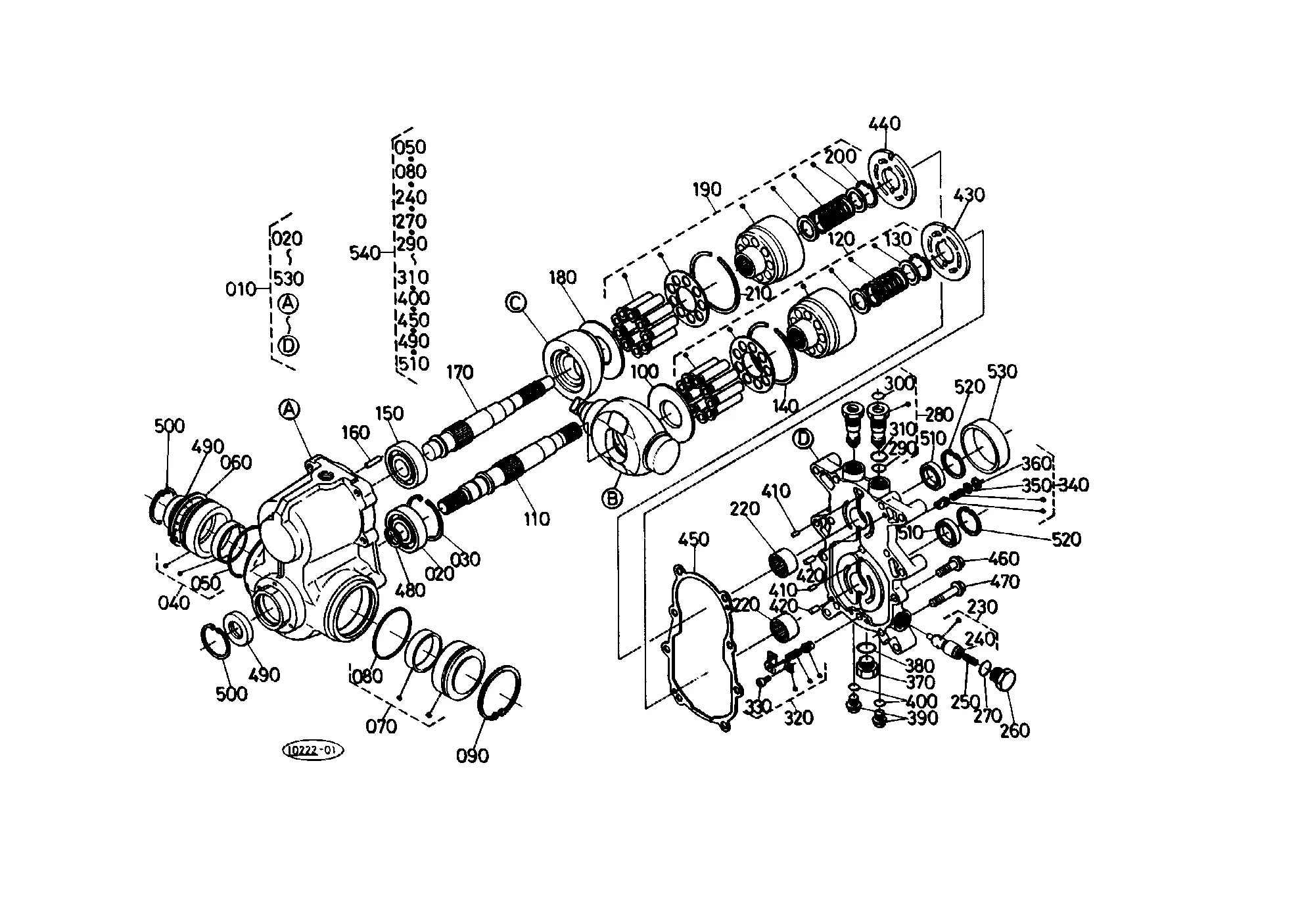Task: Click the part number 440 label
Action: coord(885,124)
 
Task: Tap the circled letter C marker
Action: coord(516,302)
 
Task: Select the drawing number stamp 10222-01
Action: coord(313,750)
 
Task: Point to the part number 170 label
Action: coord(460,373)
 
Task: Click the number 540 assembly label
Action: coord(365,253)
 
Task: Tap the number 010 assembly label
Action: coord(241,288)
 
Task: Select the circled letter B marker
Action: coord(613,499)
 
